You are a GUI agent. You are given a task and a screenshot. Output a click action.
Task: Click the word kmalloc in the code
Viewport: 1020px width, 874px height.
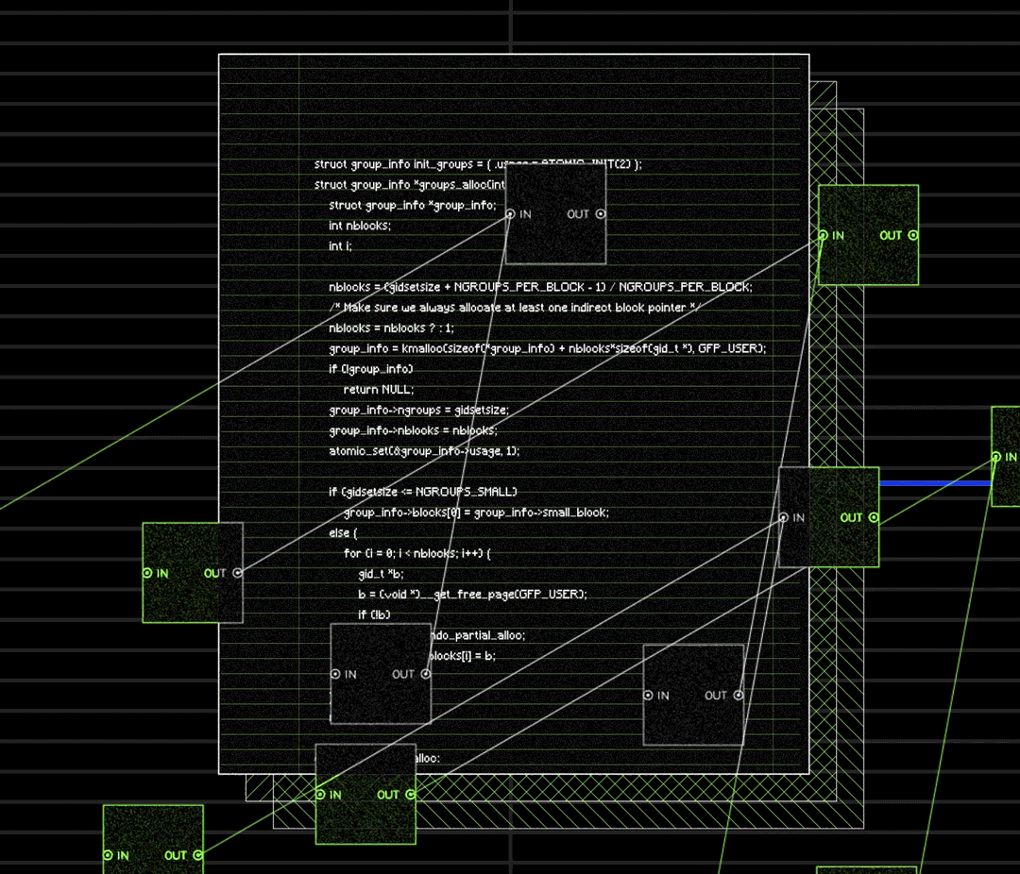click(421, 348)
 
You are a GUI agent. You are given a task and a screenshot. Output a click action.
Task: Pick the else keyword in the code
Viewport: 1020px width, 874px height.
click(338, 533)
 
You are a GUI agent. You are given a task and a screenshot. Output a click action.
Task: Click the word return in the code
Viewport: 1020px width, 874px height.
click(360, 389)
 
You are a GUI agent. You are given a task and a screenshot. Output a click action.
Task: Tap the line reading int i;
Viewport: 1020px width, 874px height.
click(340, 245)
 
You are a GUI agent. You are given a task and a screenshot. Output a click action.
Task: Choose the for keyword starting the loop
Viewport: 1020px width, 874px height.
click(351, 553)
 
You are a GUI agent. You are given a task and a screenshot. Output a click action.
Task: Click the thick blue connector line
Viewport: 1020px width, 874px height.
click(935, 483)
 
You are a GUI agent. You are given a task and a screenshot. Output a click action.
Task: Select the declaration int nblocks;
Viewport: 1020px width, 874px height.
click(360, 226)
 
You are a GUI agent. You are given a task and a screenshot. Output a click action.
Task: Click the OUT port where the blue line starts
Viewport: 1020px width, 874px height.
click(873, 517)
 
